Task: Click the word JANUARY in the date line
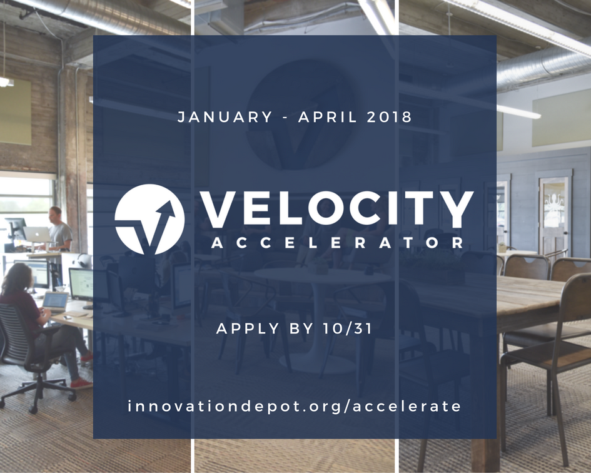click(225, 117)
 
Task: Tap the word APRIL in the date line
click(330, 117)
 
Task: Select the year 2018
click(390, 117)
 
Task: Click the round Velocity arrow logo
click(149, 219)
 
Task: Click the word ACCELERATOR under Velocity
click(337, 243)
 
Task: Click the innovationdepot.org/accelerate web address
click(295, 406)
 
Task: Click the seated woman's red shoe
click(81, 383)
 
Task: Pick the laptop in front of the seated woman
click(55, 301)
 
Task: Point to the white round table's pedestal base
click(313, 360)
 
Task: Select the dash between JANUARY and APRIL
click(286, 118)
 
